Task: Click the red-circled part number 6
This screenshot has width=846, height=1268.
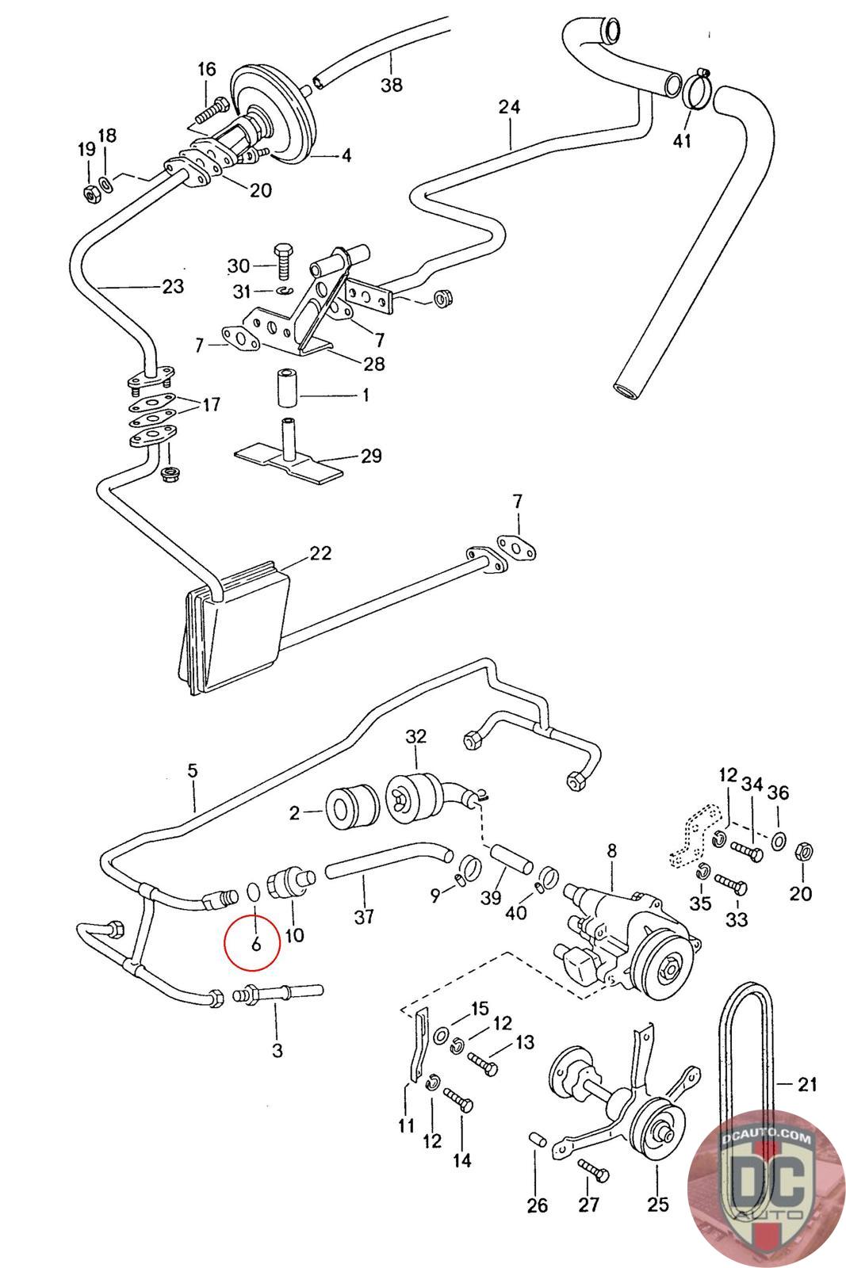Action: click(x=255, y=944)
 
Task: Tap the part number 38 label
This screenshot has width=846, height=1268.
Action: click(x=392, y=84)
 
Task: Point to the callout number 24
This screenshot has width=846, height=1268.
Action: click(x=509, y=106)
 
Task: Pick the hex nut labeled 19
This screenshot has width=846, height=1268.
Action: click(x=91, y=194)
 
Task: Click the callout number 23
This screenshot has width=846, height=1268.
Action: click(x=173, y=286)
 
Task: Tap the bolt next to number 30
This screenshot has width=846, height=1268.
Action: click(x=282, y=261)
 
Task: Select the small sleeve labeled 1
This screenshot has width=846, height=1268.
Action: click(x=286, y=388)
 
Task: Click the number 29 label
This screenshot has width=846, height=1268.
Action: click(x=372, y=456)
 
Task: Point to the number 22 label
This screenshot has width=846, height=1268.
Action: click(x=320, y=553)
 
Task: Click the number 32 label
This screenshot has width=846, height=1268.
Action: click(x=415, y=736)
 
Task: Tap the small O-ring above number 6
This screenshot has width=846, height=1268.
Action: click(x=255, y=892)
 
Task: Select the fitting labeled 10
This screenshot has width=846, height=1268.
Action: click(x=293, y=882)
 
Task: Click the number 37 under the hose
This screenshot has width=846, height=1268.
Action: click(x=364, y=916)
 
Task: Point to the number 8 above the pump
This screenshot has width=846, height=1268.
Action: click(x=611, y=851)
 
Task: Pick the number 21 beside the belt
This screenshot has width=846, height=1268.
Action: click(x=807, y=1084)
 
